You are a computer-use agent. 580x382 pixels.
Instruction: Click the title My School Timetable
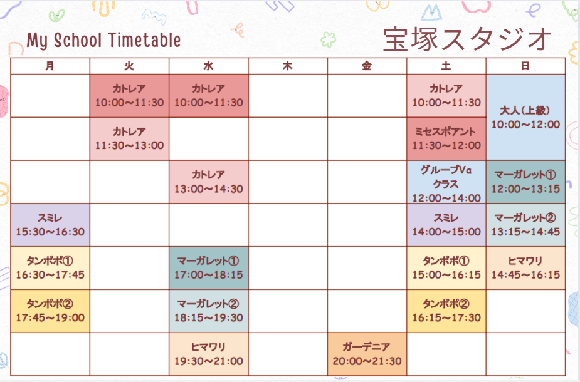pyautogui.click(x=103, y=40)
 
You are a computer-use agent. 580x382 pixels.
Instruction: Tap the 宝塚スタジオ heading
pyautogui.click(x=467, y=39)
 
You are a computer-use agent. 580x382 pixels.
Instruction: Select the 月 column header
pyautogui.click(x=50, y=66)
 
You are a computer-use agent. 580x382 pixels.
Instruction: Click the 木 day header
pyautogui.click(x=288, y=66)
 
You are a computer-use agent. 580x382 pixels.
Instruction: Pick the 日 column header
pyautogui.click(x=525, y=66)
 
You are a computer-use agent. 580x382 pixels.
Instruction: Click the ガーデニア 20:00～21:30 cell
pyautogui.click(x=367, y=354)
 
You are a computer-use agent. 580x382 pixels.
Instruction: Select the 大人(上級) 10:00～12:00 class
pyautogui.click(x=525, y=118)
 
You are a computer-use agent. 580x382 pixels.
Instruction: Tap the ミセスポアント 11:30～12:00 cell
pyautogui.click(x=446, y=139)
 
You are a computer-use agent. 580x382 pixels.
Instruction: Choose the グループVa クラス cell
pyautogui.click(x=446, y=182)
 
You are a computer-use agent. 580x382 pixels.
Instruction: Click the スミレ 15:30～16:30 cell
pyautogui.click(x=50, y=225)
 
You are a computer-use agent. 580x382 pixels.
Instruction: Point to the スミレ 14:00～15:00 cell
pyautogui.click(x=446, y=225)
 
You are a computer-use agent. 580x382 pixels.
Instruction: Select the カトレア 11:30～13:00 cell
pyautogui.click(x=129, y=139)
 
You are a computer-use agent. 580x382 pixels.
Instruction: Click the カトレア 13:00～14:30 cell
pyautogui.click(x=209, y=182)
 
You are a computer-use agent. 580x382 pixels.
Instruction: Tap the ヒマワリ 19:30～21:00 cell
pyautogui.click(x=209, y=354)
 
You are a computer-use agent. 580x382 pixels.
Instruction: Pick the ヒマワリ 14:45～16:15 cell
pyautogui.click(x=525, y=268)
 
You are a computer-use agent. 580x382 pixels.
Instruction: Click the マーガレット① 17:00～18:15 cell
pyautogui.click(x=209, y=268)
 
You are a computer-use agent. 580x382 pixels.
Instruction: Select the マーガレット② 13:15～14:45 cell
pyautogui.click(x=525, y=225)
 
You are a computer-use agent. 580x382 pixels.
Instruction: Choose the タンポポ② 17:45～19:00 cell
pyautogui.click(x=50, y=311)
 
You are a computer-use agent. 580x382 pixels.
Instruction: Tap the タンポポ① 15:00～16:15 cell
pyautogui.click(x=446, y=268)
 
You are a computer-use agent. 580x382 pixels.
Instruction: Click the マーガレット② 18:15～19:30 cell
pyautogui.click(x=209, y=311)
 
